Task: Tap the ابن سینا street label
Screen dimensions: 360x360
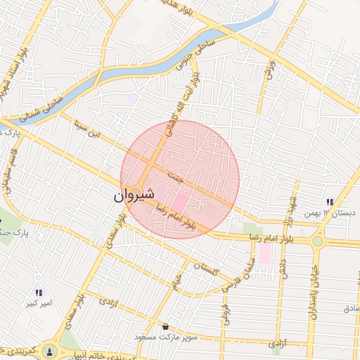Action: pyautogui.click(x=89, y=130)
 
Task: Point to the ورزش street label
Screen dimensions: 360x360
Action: pyautogui.click(x=268, y=69)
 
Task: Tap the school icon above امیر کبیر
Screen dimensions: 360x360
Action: pyautogui.click(x=39, y=292)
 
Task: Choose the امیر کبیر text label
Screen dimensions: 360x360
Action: pyautogui.click(x=39, y=304)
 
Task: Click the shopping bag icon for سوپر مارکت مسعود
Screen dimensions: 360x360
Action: pyautogui.click(x=165, y=327)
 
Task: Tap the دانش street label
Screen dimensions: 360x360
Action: pyautogui.click(x=284, y=270)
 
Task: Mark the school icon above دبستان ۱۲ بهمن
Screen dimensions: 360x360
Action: pyautogui.click(x=329, y=202)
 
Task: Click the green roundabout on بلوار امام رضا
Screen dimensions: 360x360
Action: pyautogui.click(x=318, y=240)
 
